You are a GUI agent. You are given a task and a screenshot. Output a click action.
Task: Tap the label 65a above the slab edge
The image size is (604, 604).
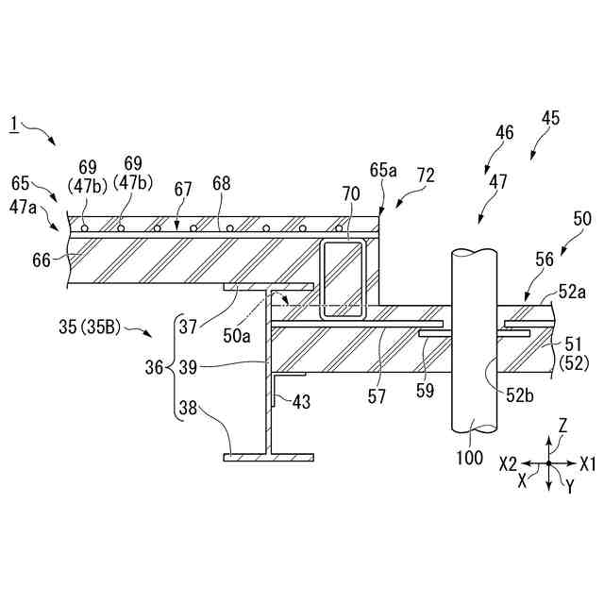pos(384,171)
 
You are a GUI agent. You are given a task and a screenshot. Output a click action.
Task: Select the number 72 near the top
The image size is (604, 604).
pos(426,176)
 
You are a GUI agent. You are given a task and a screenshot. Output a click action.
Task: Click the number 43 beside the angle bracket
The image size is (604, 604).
pos(300,401)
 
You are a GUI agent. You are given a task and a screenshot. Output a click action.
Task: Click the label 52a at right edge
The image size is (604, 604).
pos(572,293)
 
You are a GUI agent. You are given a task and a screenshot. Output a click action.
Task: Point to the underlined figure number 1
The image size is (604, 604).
pos(13,123)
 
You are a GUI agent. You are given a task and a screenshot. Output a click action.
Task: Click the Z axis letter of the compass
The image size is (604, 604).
pos(562,426)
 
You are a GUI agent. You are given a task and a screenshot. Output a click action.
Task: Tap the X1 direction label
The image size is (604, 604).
pos(587,464)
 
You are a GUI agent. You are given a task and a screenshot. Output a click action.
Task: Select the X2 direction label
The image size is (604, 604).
pos(508,464)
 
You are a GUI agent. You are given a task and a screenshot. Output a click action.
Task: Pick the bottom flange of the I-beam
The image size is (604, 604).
pos(268,458)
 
